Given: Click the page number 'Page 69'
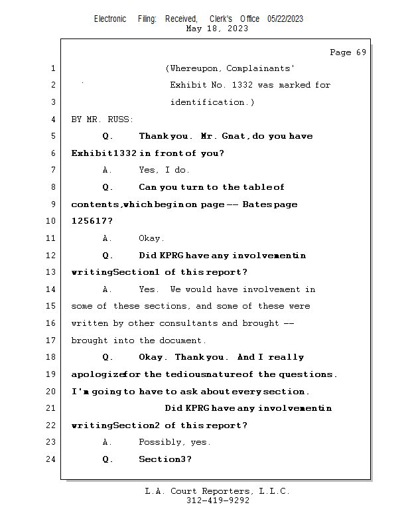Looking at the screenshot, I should (348, 52).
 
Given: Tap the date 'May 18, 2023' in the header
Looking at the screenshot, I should (218, 29).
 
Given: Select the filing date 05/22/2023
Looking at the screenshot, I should (285, 19).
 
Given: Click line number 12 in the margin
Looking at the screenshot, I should (52, 256).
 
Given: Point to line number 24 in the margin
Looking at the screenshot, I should (52, 459).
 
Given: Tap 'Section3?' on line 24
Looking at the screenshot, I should (165, 459).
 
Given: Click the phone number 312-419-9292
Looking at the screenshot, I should (218, 500).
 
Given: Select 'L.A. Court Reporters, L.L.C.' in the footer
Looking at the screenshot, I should (218, 491).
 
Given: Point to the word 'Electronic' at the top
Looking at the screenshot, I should (110, 19).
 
